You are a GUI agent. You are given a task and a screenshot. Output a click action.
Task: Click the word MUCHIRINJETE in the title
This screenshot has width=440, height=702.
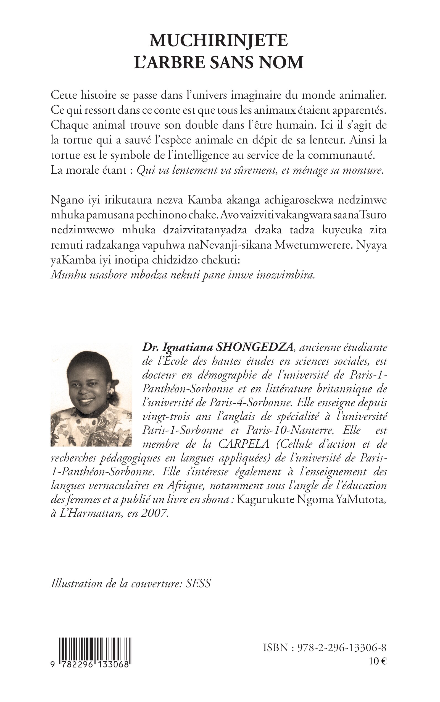click(218, 41)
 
